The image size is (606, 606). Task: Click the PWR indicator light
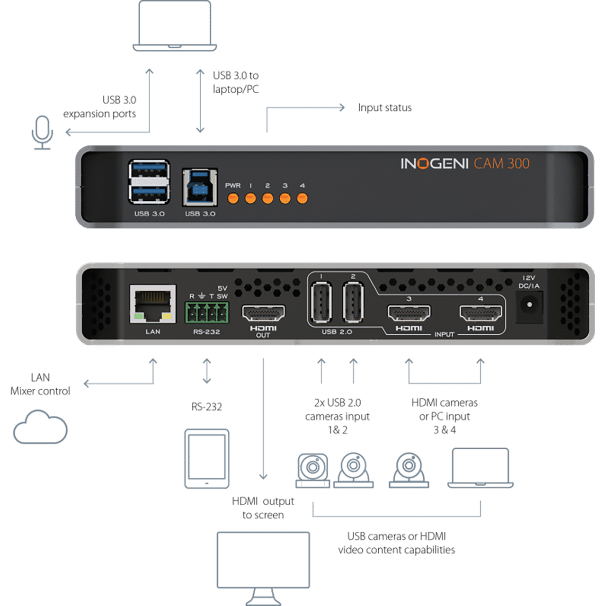pos(233,198)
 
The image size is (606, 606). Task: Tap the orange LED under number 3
pos(285,198)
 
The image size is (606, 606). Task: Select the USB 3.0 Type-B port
pos(200,187)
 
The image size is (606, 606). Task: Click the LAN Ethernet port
pos(153,304)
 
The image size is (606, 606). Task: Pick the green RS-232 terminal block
pos(206,312)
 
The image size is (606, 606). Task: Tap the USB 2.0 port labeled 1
pos(321,302)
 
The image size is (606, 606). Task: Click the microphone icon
pos(42,133)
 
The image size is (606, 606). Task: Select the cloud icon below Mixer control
pos(40,427)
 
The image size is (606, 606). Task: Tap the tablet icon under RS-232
pos(206,459)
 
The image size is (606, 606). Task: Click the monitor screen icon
pos(263,568)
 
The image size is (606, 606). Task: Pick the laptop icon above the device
pos(175,26)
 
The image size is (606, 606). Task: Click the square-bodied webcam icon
pos(312,471)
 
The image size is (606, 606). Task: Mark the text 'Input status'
pos(384,108)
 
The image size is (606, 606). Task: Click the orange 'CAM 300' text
pos(501,163)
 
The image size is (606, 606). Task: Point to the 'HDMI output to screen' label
pos(263,508)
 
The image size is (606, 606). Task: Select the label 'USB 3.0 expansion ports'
pos(100,107)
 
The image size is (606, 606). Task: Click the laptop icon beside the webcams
pos(480,468)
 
